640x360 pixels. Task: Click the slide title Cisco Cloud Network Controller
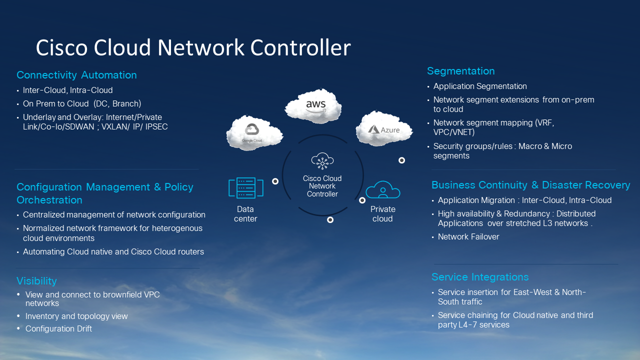[193, 47]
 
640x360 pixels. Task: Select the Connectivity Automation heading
[76, 75]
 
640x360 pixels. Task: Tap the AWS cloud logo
[314, 105]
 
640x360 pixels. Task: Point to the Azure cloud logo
[384, 129]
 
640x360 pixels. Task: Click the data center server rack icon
[245, 188]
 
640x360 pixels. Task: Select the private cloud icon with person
[383, 190]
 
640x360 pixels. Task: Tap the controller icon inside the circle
[322, 161]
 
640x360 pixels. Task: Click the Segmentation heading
[461, 71]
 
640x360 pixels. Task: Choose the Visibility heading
[36, 281]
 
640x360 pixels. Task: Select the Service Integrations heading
[480, 277]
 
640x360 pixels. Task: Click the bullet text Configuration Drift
[58, 328]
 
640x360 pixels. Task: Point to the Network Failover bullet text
[468, 236]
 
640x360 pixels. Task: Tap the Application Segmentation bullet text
[480, 86]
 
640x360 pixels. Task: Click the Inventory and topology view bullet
[76, 316]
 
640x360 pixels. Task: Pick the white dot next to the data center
[275, 181]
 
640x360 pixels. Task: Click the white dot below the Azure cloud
[401, 160]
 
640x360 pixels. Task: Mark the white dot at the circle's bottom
[330, 219]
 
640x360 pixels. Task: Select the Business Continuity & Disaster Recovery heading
[530, 185]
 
